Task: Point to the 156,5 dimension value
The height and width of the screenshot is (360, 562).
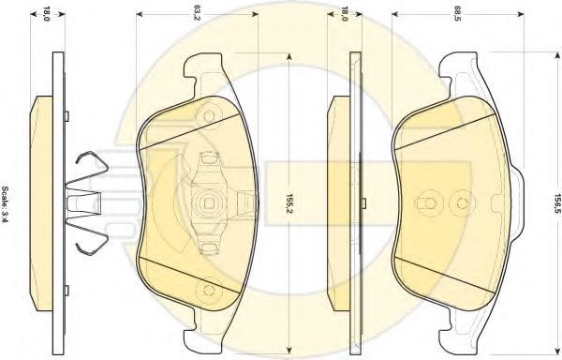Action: tap(557, 203)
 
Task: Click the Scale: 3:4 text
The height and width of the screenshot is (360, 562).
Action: tap(6, 204)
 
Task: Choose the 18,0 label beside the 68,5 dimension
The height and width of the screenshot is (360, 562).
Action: tap(344, 14)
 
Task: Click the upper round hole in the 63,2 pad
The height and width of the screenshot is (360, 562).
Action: tap(209, 116)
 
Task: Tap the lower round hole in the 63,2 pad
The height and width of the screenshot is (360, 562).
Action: tap(209, 290)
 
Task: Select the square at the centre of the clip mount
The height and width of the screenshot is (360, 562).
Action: tap(209, 202)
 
